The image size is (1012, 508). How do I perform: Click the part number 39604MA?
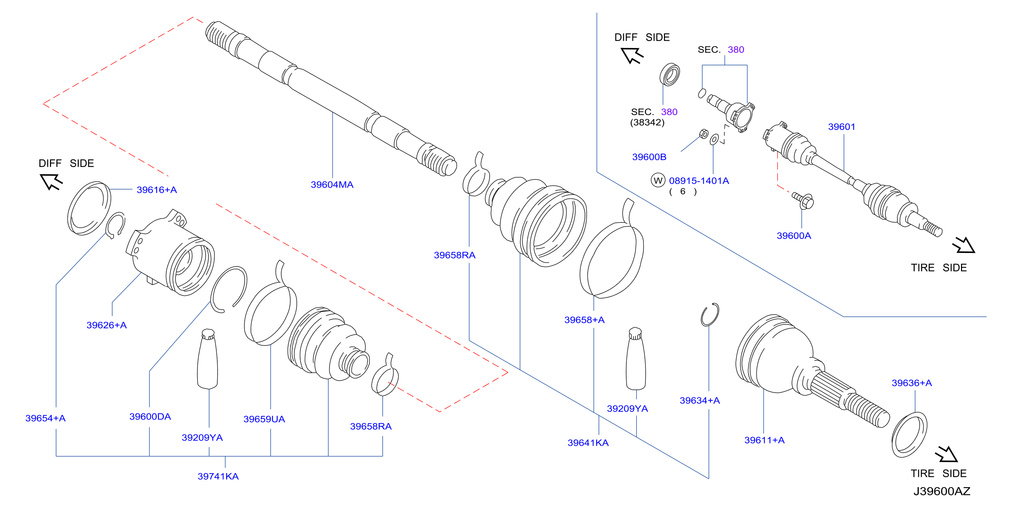click(332, 185)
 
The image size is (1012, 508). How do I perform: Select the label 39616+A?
click(157, 190)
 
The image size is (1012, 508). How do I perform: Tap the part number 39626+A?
click(106, 325)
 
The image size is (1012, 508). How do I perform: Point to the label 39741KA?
click(218, 476)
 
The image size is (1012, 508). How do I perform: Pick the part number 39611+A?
click(765, 440)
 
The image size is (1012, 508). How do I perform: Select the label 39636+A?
click(912, 383)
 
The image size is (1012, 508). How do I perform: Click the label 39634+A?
click(700, 401)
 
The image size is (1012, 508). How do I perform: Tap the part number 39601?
click(842, 127)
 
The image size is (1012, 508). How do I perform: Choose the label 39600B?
click(649, 157)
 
